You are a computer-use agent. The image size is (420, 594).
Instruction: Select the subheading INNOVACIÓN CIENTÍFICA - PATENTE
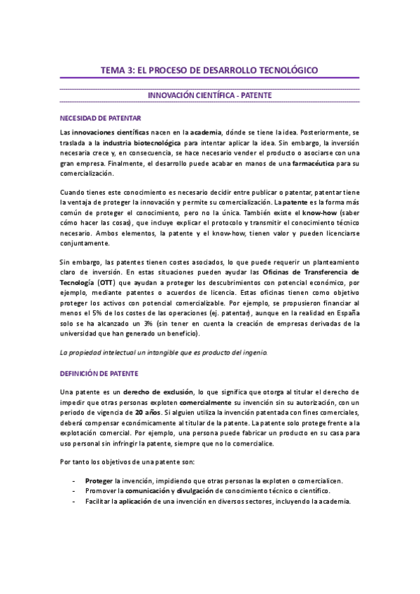point(210,95)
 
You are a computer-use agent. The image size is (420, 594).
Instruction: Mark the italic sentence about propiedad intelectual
point(163,352)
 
